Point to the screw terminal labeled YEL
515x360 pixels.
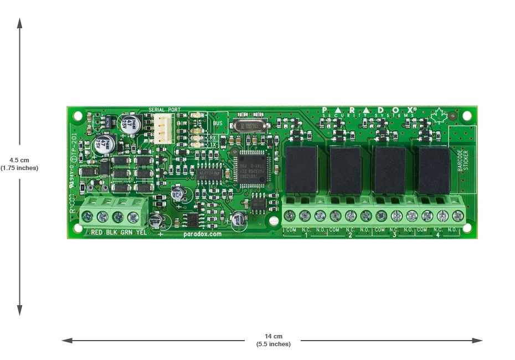tap(133, 217)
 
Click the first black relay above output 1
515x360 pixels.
tap(301, 170)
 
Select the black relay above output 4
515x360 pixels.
tap(434, 170)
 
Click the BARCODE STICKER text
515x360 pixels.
tap(462, 161)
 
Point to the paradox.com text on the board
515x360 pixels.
tap(202, 234)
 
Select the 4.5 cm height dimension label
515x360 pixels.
tap(19, 164)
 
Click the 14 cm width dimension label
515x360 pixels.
tap(273, 340)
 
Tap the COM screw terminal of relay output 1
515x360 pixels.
tap(290, 216)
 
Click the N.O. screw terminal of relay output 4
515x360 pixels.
tap(457, 216)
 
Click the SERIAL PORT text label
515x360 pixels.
tap(164, 110)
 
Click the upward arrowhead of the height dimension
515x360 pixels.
tap(19, 22)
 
